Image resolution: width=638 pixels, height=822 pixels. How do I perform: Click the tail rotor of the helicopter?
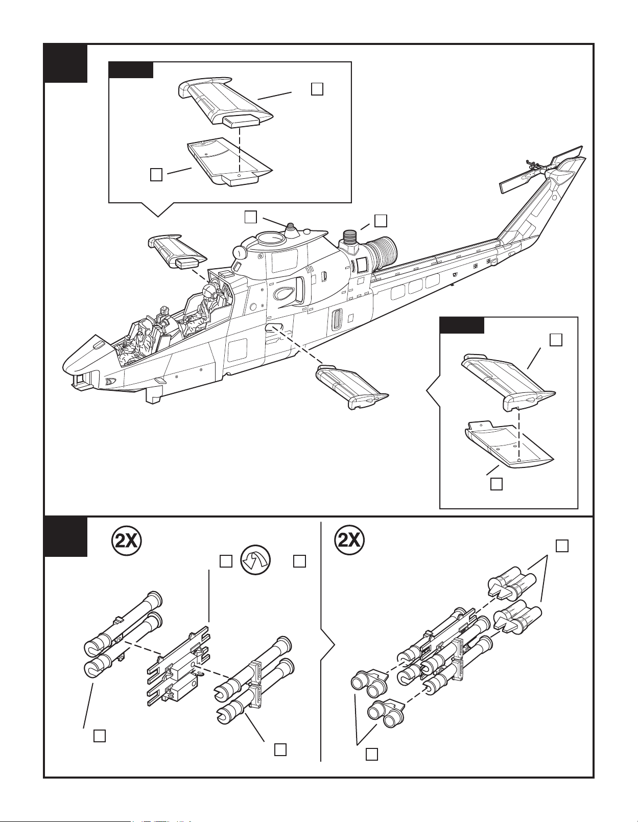[541, 169]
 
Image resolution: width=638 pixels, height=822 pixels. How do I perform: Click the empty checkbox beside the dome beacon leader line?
[250, 217]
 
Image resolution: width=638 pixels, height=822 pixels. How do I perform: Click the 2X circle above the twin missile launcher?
[127, 542]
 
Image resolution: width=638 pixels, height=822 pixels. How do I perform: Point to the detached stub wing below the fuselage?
[351, 387]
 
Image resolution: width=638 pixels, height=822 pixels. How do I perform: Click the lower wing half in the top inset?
[228, 162]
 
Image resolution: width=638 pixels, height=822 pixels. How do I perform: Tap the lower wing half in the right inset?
[509, 444]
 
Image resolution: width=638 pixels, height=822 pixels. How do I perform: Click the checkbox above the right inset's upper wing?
[556, 340]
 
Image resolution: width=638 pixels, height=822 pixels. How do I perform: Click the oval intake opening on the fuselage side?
[283, 293]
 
